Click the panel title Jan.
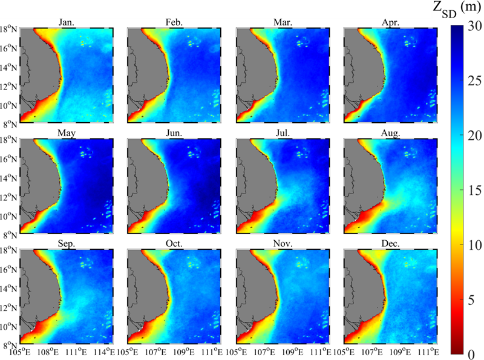[x=67, y=22]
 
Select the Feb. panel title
[x=174, y=22]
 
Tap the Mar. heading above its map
[x=283, y=22]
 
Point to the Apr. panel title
[x=390, y=22]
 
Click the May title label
[x=67, y=133]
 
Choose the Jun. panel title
[x=174, y=133]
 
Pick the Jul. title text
[x=283, y=133]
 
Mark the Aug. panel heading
[x=390, y=133]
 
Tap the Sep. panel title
[x=67, y=244]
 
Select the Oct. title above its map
[x=174, y=243]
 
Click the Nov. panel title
[x=283, y=243]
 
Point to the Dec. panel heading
[x=390, y=243]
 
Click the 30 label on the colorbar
[x=474, y=26]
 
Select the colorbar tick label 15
[x=474, y=190]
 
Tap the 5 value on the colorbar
[x=471, y=299]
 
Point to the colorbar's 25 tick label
[x=474, y=80]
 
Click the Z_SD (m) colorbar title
[x=457, y=8]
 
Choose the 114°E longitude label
[x=106, y=352]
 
